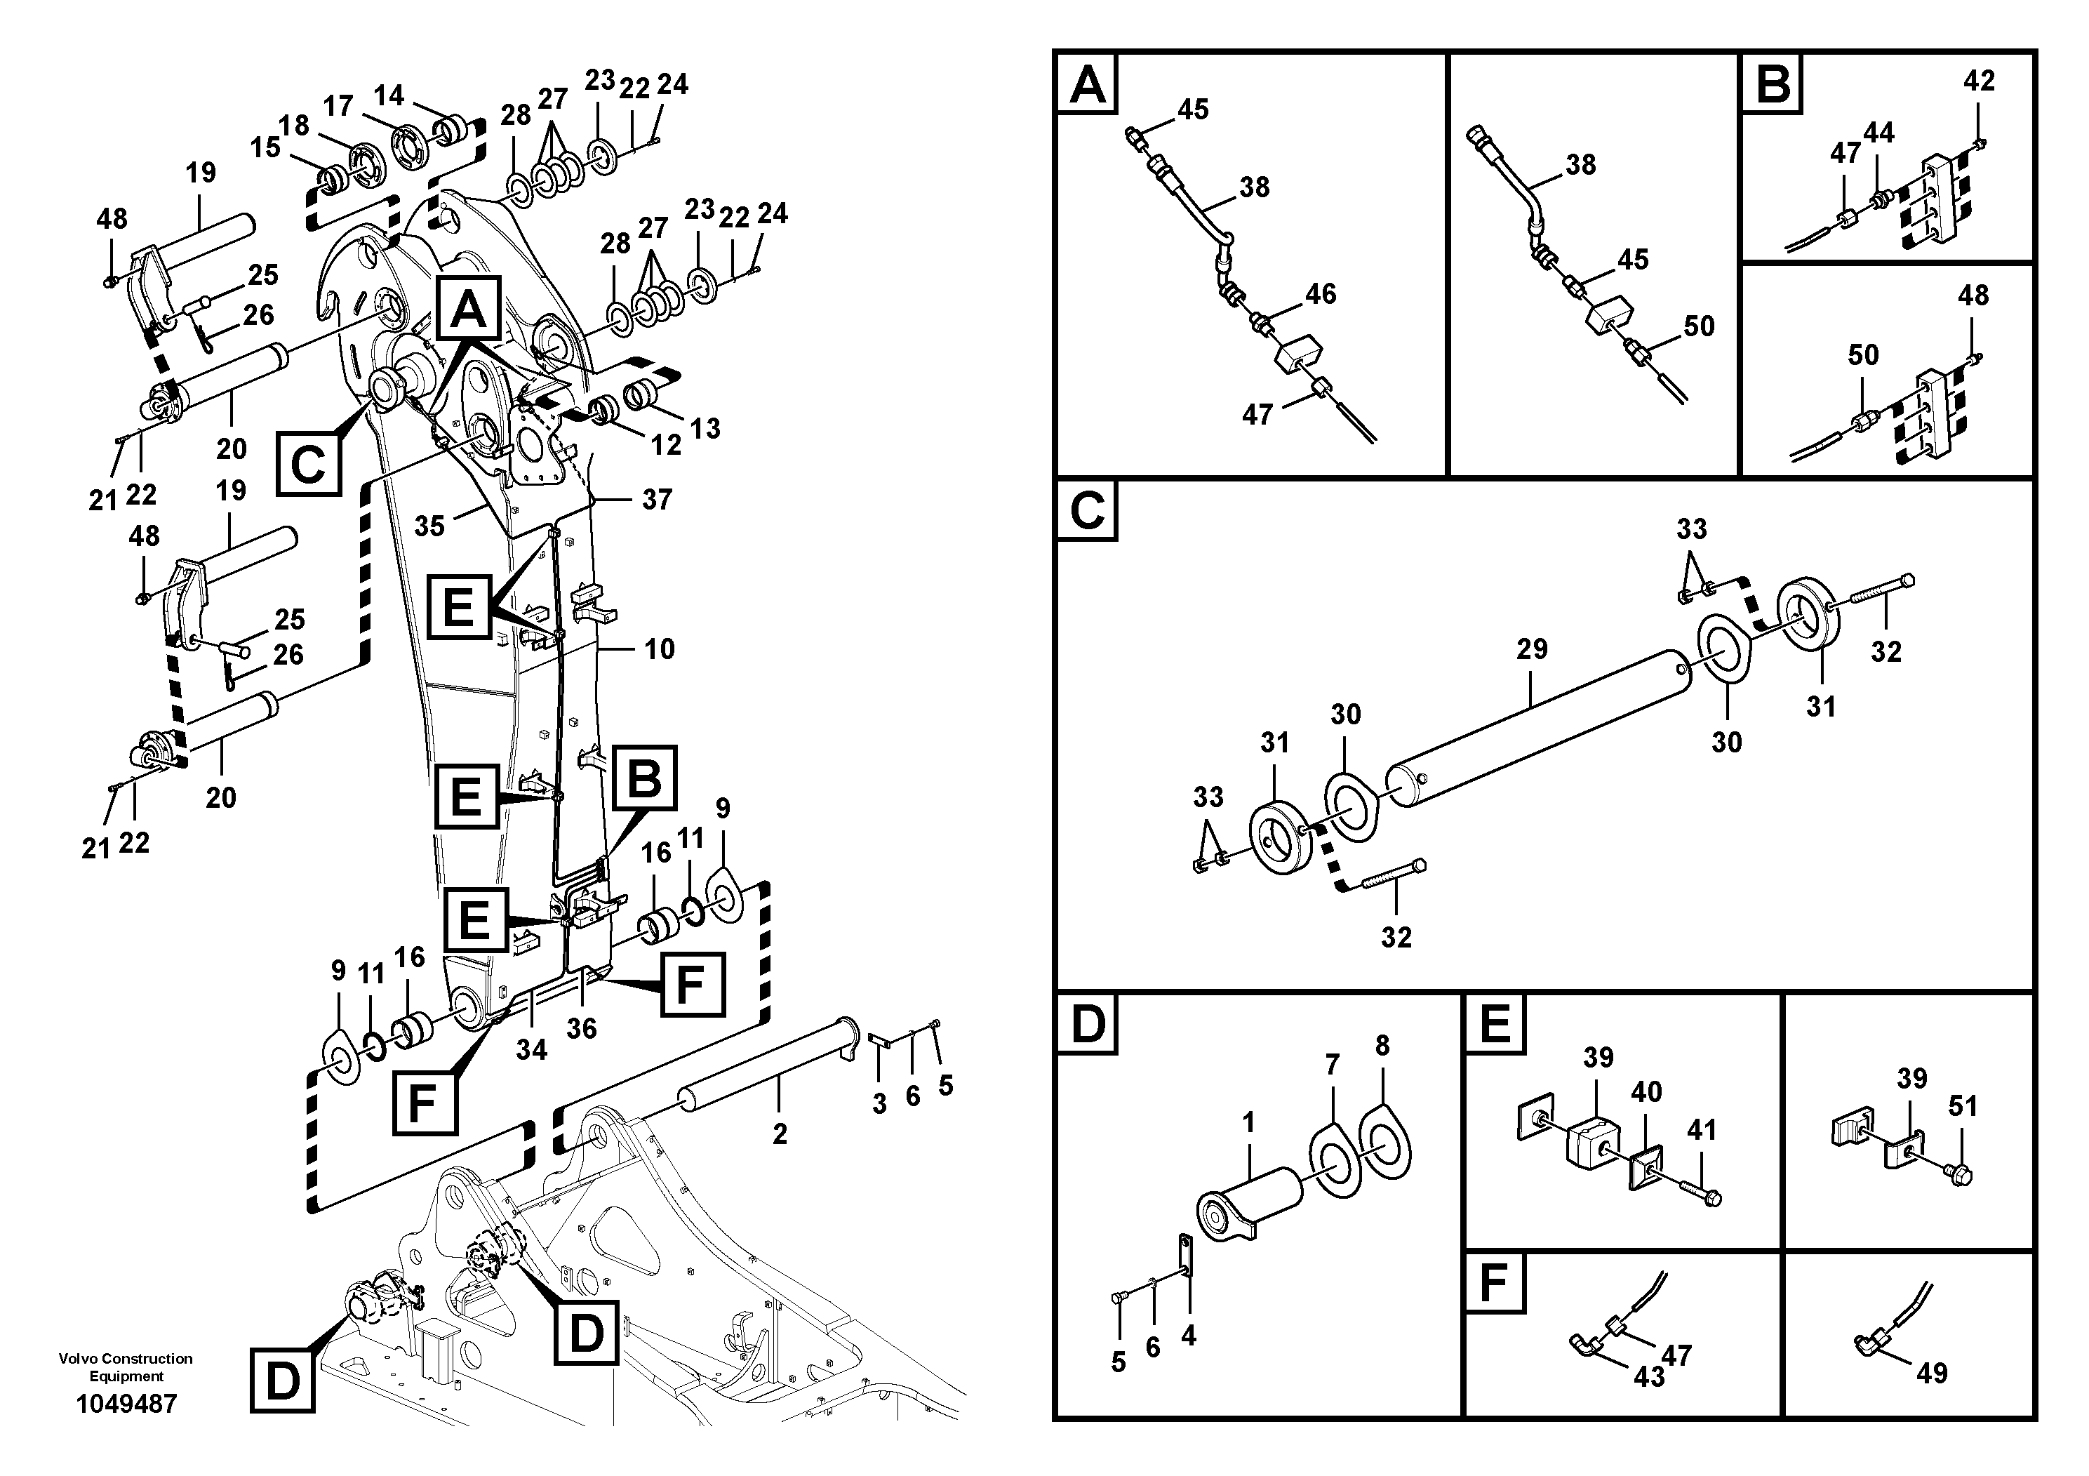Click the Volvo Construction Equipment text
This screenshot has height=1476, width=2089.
click(x=126, y=1367)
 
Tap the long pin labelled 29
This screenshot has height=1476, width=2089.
click(x=1537, y=728)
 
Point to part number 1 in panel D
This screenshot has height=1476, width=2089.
click(x=1248, y=1123)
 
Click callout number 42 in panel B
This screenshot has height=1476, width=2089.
click(x=1979, y=81)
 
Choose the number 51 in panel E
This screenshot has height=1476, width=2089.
click(x=1963, y=1107)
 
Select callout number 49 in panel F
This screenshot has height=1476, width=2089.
click(x=1932, y=1372)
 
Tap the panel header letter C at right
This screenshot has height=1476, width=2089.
click(x=1087, y=510)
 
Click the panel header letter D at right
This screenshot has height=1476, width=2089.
click(x=1087, y=1024)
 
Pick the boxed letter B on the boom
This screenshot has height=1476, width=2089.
click(x=644, y=779)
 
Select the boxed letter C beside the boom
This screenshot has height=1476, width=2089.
click(x=309, y=464)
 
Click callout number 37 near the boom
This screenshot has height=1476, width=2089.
click(x=657, y=500)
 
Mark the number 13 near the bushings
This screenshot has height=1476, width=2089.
click(x=705, y=429)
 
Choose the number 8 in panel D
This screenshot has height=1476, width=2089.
click(x=1383, y=1046)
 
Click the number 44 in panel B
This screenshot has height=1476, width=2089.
click(x=1878, y=133)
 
